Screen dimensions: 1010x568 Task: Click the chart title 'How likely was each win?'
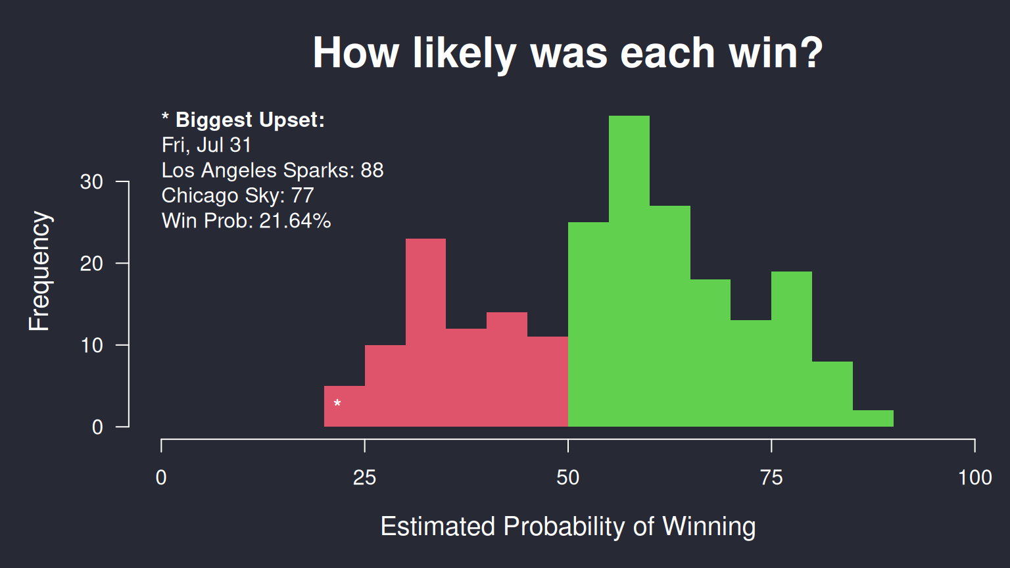coord(567,54)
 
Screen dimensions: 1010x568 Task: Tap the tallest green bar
coord(629,271)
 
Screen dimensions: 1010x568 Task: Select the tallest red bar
coord(425,332)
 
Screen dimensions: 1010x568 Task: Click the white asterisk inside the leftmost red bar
coord(337,404)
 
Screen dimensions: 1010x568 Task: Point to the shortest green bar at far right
coord(873,418)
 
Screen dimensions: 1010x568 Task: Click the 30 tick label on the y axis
coord(91,182)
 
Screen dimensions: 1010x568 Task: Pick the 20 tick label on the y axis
coord(91,264)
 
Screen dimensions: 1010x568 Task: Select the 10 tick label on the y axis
coord(91,345)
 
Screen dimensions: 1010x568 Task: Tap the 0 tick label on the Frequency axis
coord(97,427)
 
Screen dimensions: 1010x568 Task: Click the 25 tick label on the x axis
coord(364,477)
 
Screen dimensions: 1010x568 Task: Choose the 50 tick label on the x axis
coord(567,477)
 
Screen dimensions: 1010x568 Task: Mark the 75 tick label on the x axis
coord(771,477)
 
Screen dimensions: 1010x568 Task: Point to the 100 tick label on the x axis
coord(975,477)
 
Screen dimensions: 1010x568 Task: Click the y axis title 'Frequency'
coord(39,271)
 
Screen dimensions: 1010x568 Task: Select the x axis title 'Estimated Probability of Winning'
coord(568,527)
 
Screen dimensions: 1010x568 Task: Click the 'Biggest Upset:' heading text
coord(251,120)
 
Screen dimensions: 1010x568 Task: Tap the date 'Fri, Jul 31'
coord(206,145)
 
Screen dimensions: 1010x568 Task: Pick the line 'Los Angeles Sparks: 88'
coord(272,170)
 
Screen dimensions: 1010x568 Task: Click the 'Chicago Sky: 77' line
coord(237,196)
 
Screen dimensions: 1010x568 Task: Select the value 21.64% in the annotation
coord(295,221)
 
